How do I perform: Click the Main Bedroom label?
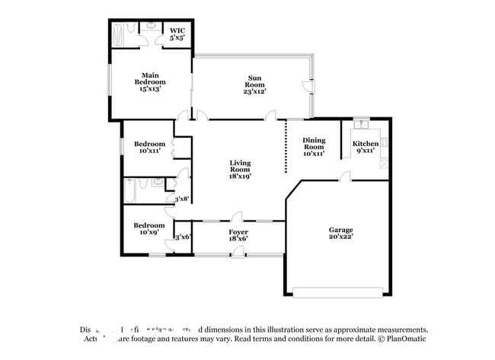click(150, 81)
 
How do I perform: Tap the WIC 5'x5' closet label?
click(177, 33)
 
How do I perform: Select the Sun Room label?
click(255, 84)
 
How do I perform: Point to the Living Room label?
click(241, 169)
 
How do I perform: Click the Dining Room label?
click(314, 146)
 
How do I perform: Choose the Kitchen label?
click(365, 147)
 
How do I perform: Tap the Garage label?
click(340, 232)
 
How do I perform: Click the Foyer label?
click(238, 234)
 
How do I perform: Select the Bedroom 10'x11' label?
click(149, 147)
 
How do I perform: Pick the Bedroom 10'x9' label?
click(149, 229)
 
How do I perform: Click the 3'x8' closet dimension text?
click(182, 199)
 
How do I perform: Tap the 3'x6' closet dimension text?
click(182, 237)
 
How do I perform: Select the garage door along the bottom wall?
click(339, 292)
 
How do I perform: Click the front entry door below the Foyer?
click(238, 252)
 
